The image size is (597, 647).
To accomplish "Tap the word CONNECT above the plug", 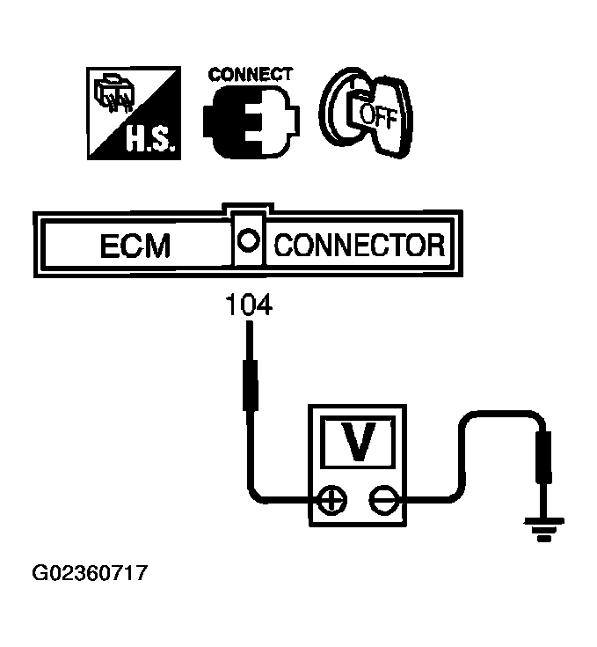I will coord(250,74).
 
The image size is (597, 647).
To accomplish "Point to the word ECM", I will coord(135,245).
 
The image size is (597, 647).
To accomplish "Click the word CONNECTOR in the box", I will coord(359,245).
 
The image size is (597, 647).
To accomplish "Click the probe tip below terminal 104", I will coord(249,370).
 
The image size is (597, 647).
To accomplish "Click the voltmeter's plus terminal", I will coord(333,501).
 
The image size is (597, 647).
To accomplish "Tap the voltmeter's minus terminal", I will coord(381,501).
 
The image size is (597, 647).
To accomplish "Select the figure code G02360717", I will coord(91,574).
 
